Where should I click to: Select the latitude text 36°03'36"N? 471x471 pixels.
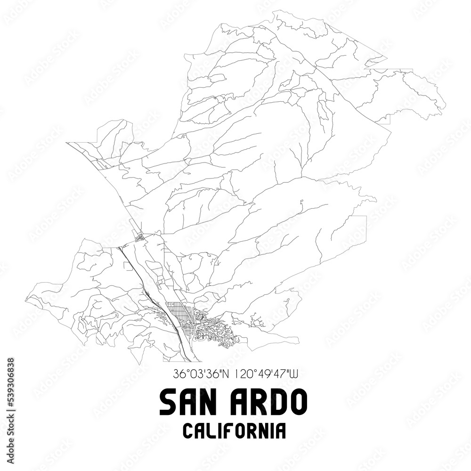(200, 374)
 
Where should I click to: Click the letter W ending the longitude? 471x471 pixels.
(293, 374)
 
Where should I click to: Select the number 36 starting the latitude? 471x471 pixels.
(179, 374)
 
